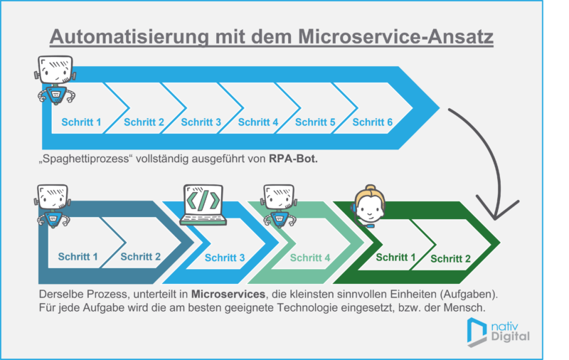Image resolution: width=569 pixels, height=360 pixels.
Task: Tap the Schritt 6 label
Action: tap(373, 122)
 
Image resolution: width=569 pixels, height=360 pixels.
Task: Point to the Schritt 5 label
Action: tap(315, 122)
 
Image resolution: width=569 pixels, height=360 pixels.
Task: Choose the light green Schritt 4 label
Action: tap(310, 258)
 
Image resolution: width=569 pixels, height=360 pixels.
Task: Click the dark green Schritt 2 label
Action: tap(450, 260)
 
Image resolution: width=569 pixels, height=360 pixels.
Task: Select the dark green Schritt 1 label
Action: tap(395, 257)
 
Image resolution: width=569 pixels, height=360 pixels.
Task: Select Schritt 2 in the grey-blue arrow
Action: tap(141, 256)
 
